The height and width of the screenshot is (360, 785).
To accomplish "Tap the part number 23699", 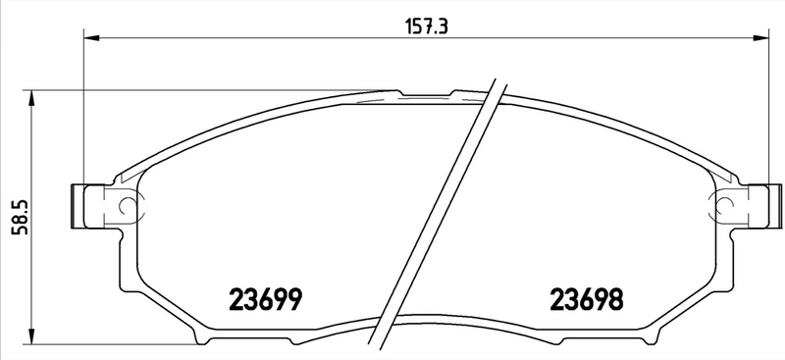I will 264,297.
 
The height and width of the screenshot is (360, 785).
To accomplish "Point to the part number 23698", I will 588,297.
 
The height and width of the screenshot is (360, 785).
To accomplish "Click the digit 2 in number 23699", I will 236,297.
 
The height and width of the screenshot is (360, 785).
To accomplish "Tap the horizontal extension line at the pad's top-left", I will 196,91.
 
